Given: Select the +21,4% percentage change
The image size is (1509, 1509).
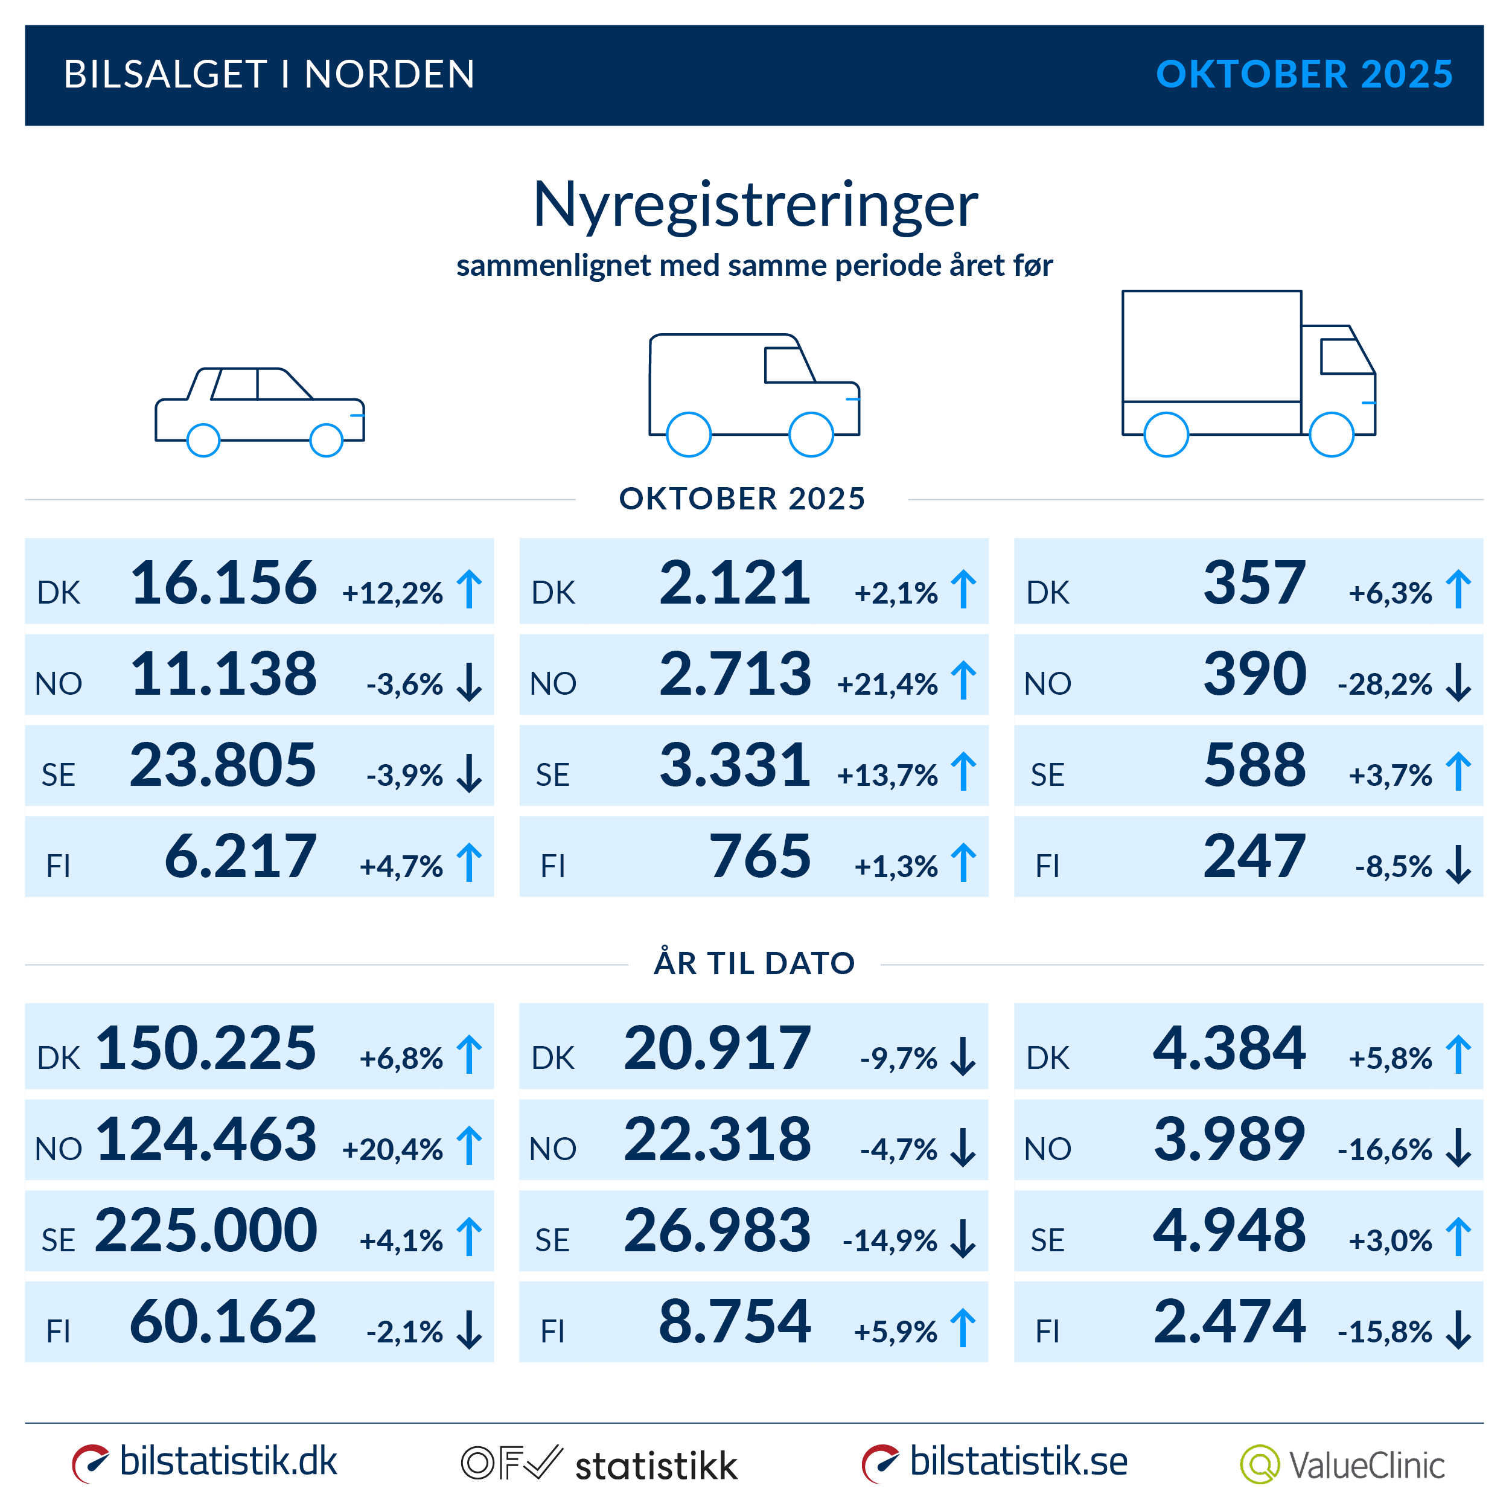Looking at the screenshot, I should coord(887,685).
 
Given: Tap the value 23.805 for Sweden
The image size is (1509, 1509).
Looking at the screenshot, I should coord(223,765).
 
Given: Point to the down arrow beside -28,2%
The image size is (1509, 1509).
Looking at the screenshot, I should coord(1458,682).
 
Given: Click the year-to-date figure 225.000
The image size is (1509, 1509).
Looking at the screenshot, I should coord(206,1230).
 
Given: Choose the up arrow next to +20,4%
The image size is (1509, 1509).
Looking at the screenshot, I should coord(470,1146).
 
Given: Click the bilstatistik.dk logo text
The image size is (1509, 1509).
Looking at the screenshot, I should coord(228,1461).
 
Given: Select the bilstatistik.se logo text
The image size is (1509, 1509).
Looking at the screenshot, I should coord(1018,1461).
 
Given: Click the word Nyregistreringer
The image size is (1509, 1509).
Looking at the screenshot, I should coord(754,205).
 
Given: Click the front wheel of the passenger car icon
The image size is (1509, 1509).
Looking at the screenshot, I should coord(327,441).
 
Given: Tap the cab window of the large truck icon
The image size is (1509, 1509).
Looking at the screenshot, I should coord(1346,357).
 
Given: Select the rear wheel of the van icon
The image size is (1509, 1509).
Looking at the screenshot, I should coord(689,434).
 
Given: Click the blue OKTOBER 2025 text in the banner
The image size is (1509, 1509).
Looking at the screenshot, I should coord(1304,75).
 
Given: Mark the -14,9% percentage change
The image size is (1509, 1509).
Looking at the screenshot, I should coord(890,1241).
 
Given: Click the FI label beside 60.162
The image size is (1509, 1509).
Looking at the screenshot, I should coord(59,1332).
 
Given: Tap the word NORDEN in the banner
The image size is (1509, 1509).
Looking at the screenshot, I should coord(389,75).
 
